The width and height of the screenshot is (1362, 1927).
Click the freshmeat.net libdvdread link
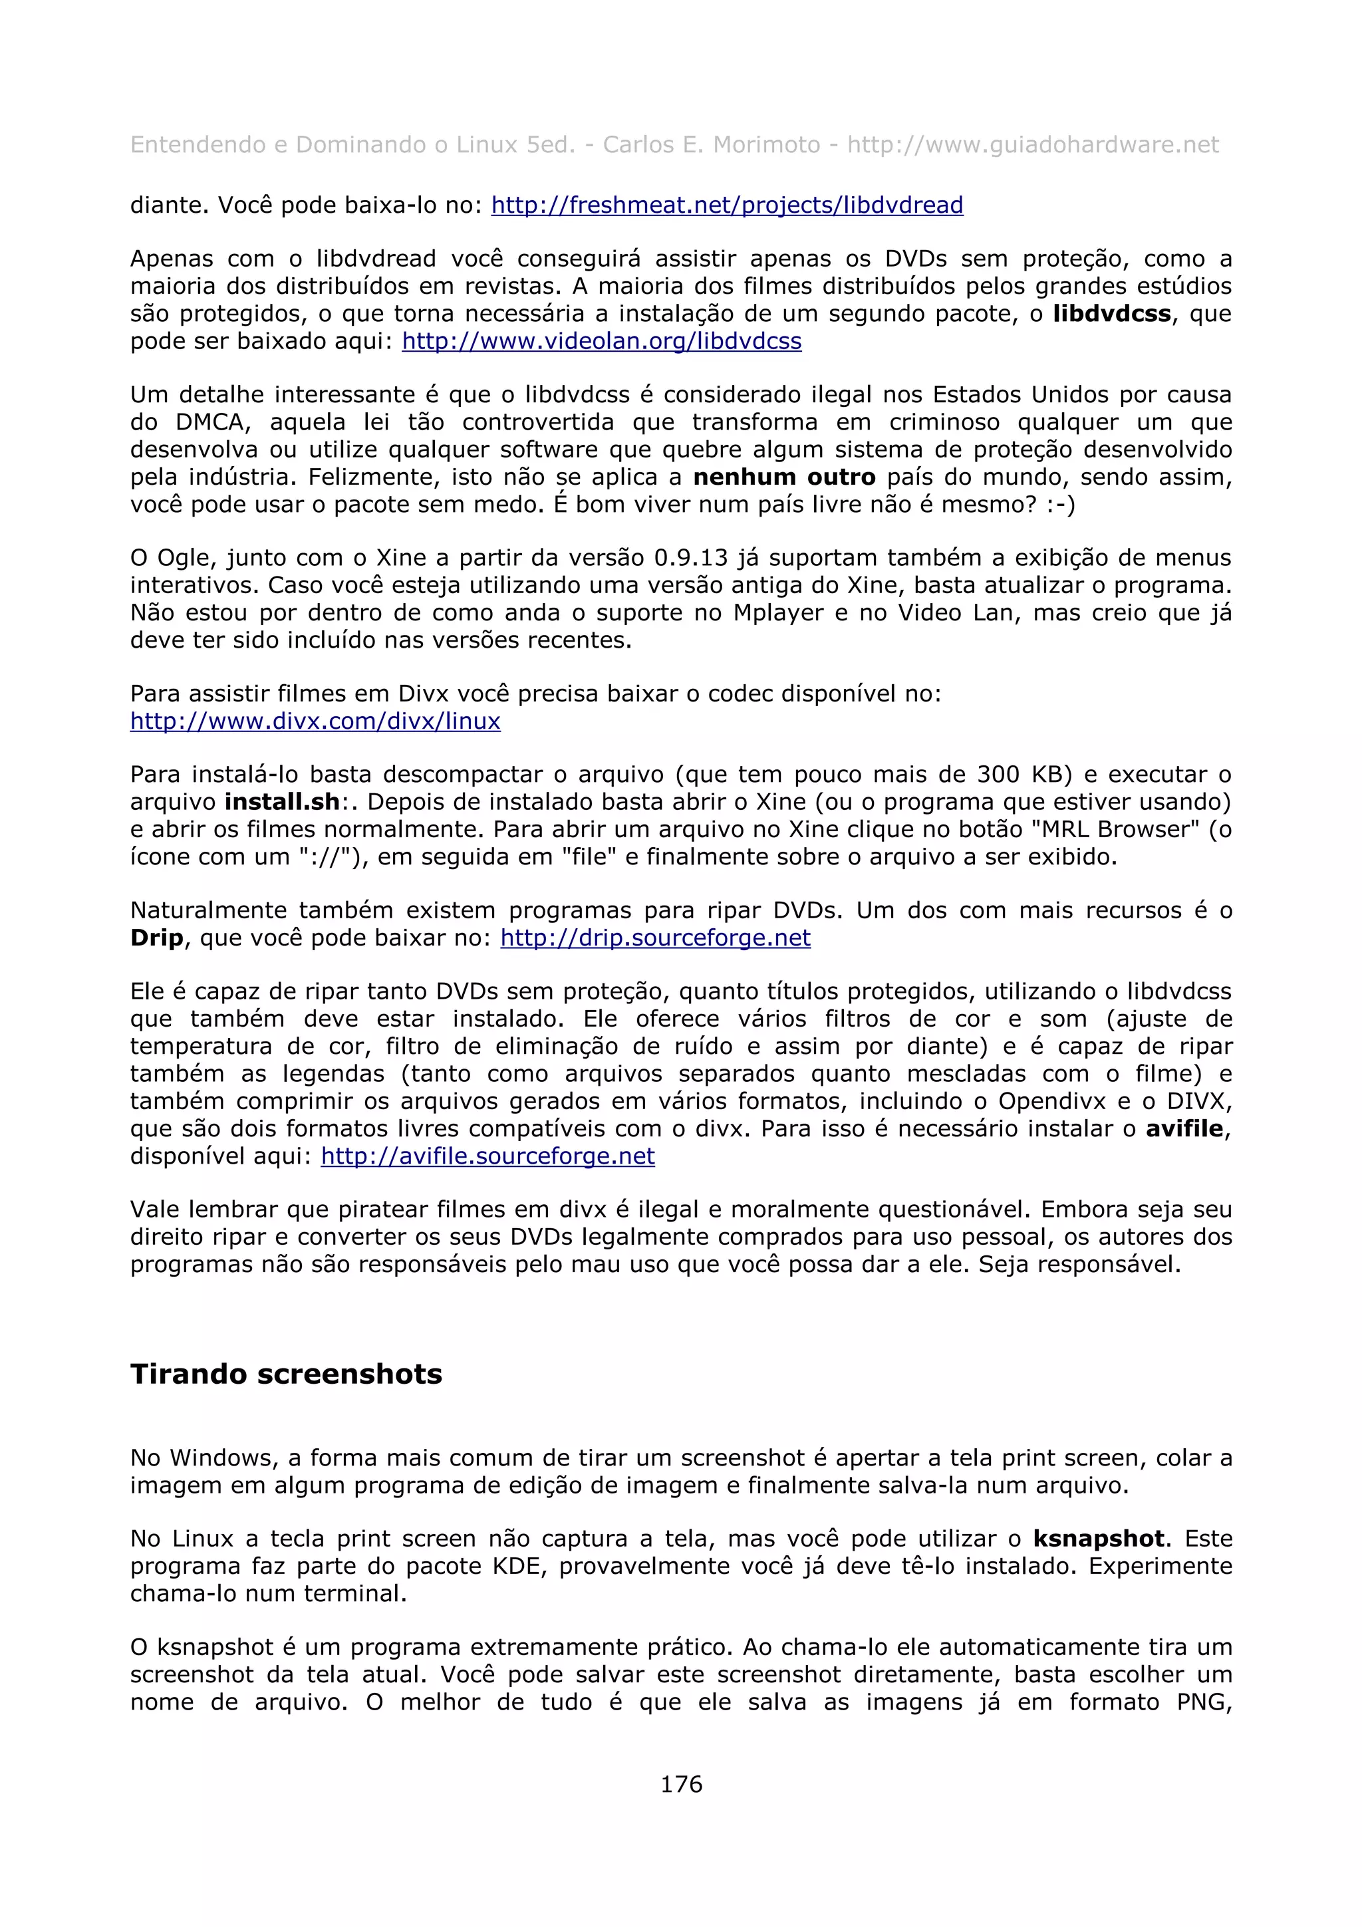727,205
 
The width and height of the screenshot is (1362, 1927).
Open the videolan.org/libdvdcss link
602,342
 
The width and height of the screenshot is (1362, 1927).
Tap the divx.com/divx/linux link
315,721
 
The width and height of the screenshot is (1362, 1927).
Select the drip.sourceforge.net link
656,938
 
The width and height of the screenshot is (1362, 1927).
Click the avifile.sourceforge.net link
487,1156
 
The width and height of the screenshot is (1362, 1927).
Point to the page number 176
680,1784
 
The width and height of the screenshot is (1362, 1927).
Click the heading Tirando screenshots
286,1374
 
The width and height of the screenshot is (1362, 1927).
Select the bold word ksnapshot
1099,1539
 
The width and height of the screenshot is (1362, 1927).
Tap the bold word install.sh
282,803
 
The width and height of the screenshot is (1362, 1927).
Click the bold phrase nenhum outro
784,477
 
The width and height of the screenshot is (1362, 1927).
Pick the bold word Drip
157,938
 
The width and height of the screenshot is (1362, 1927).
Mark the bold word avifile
1184,1129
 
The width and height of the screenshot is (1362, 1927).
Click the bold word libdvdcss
1112,314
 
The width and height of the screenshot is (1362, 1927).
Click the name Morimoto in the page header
766,145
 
